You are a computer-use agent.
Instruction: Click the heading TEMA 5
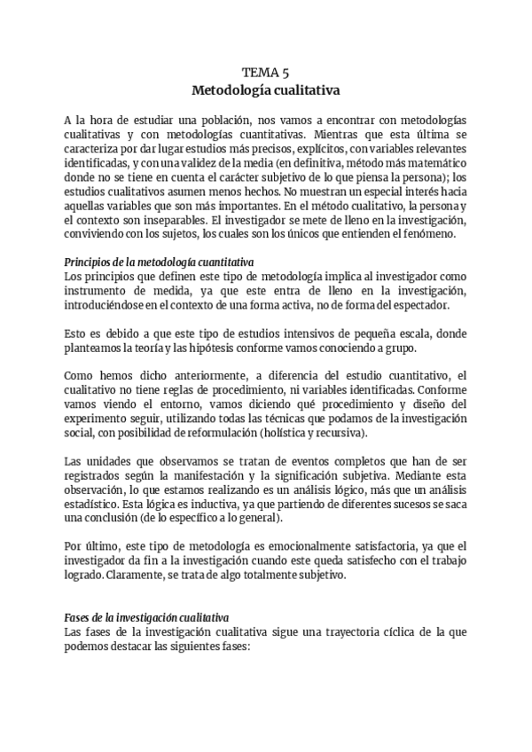(265, 73)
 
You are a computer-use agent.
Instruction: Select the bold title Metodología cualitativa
(265, 90)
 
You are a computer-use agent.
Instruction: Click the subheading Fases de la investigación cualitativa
(148, 617)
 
